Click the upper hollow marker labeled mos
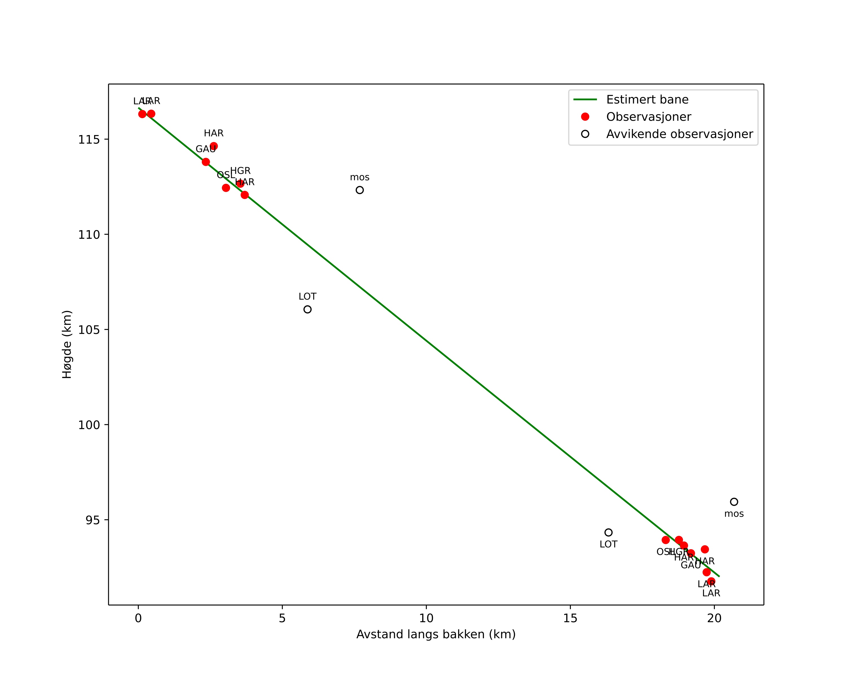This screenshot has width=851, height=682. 360,190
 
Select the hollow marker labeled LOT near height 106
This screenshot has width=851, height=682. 308,310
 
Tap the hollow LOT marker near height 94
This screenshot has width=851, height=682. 608,532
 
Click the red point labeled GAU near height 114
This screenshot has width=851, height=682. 206,162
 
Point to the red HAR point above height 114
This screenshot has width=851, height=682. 214,146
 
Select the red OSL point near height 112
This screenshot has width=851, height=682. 226,188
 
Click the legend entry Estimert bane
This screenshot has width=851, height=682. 647,100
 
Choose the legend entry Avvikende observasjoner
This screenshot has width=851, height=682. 679,134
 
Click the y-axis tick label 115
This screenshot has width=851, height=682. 89,140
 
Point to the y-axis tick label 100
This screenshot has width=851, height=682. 89,425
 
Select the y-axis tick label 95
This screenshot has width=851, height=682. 92,520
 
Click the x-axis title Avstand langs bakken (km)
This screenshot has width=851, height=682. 436,635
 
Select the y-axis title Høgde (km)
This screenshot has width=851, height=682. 67,344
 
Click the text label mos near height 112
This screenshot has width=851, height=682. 360,178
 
